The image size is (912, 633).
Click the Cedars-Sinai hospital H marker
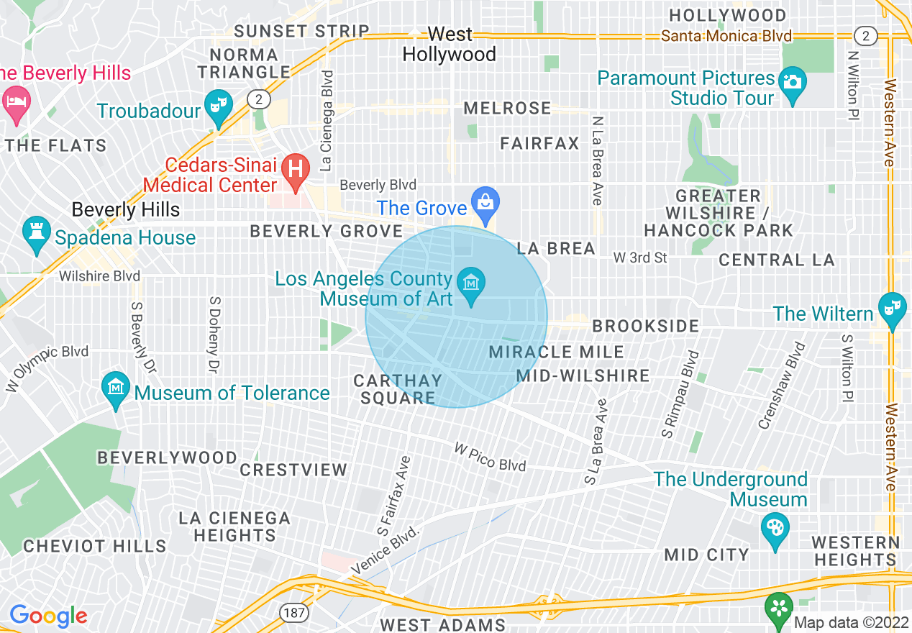[x=294, y=169]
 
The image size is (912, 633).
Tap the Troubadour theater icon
[x=216, y=104]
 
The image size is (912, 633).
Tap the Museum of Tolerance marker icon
[x=117, y=386]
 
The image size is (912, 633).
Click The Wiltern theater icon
[x=893, y=307]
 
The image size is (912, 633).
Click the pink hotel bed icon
[x=15, y=99]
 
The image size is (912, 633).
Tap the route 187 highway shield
[x=289, y=611]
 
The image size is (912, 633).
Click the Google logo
[x=48, y=616]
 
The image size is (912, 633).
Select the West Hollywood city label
[x=449, y=45]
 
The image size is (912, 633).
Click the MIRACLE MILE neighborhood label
[x=557, y=352]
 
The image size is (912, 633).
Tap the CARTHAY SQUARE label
[x=398, y=389]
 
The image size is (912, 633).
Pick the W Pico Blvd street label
[x=490, y=456]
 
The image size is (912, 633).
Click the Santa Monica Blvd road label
[x=726, y=36]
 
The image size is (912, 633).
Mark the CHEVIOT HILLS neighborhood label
[x=95, y=546]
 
